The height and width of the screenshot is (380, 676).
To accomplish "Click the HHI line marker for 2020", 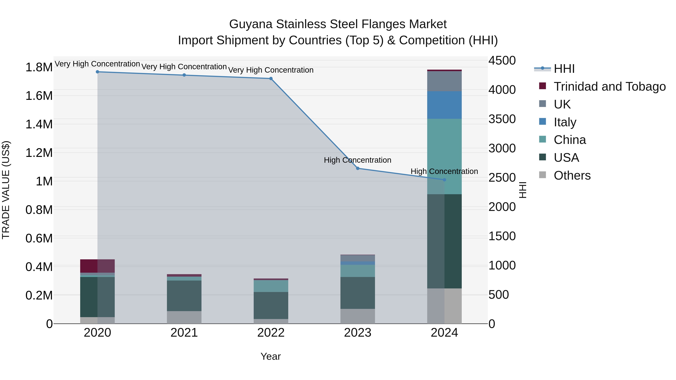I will click(97, 72).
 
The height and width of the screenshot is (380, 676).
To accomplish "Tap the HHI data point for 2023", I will click(357, 168).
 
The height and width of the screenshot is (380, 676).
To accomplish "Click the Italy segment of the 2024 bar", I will click(444, 105).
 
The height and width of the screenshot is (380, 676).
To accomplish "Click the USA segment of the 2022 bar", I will click(271, 305).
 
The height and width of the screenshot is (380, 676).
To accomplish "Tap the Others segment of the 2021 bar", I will click(184, 317).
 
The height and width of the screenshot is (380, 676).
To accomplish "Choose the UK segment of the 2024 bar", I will click(444, 81).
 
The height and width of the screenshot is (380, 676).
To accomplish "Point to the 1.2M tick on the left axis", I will click(39, 153).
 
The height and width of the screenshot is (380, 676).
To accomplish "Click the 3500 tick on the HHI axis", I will click(502, 119).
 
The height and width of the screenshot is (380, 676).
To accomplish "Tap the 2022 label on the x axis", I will click(271, 333).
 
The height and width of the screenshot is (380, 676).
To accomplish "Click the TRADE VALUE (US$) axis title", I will click(6, 190).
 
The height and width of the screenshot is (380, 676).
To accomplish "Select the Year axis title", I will click(271, 356).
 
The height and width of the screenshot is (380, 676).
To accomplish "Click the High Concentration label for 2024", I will click(444, 171).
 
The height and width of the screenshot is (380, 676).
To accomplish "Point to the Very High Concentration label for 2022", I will click(271, 70).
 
